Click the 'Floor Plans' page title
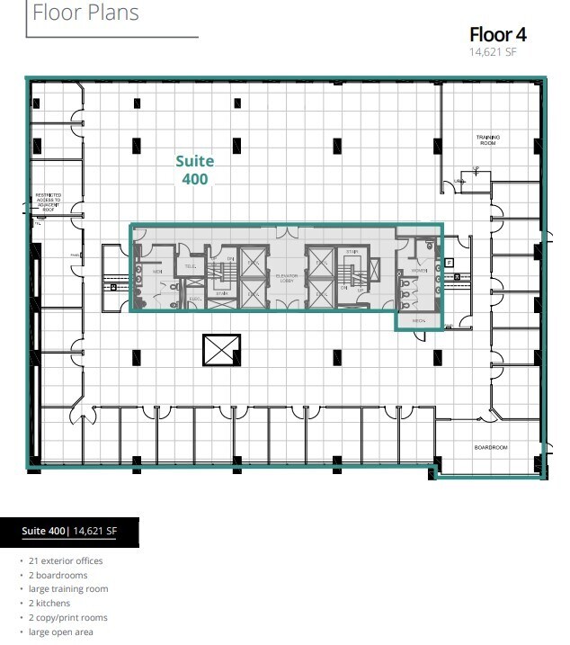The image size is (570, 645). tap(86, 13)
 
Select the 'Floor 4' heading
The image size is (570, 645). tap(497, 35)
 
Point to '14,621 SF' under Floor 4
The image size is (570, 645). tap(493, 52)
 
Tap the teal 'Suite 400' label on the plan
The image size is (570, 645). tap(194, 170)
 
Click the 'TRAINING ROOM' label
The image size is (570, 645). tap(488, 140)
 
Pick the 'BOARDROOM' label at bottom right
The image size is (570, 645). tap(491, 448)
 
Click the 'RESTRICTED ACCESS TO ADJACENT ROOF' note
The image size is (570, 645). tap(48, 201)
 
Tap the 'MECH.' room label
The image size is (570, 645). tap(418, 320)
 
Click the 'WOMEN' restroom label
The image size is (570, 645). tap(418, 270)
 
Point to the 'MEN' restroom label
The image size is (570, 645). tap(156, 272)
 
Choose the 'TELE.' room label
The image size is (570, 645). tap(191, 266)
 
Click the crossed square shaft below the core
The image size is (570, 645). tap(222, 350)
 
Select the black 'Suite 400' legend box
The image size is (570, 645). tap(70, 532)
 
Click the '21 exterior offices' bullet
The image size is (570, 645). tap(65, 560)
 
